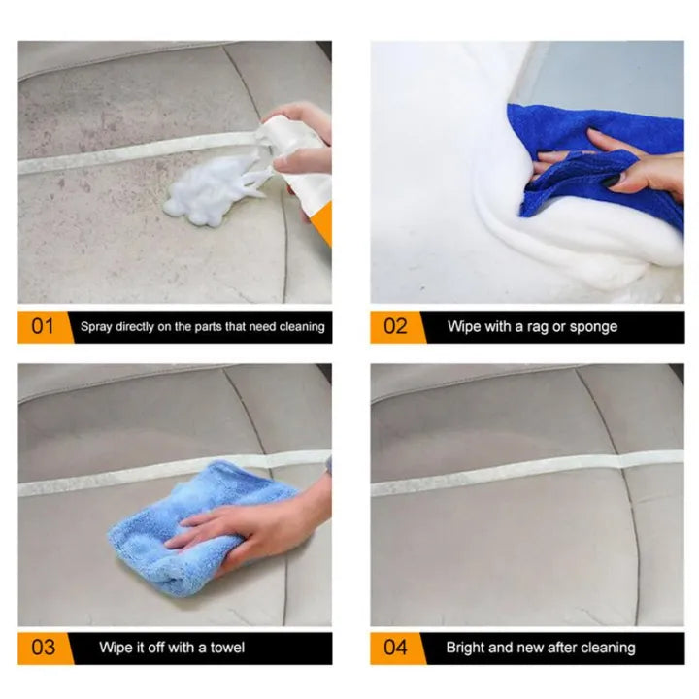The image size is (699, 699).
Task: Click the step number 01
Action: click(43, 326)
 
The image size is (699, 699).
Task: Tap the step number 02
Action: click(395, 326)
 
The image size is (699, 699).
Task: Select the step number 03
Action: click(44, 648)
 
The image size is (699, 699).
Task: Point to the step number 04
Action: click(395, 648)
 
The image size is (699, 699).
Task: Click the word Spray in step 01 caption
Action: click(96, 327)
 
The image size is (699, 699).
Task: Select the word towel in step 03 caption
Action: click(227, 648)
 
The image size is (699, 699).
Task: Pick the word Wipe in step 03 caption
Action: click(115, 648)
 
